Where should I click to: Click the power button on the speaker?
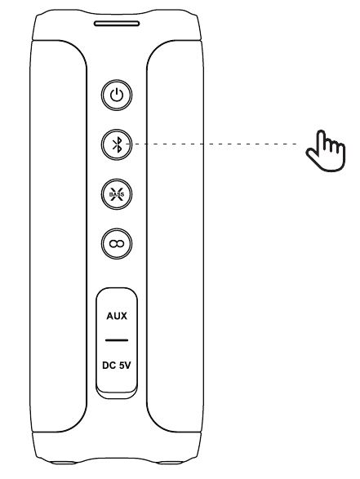[x=117, y=95]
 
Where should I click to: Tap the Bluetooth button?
[x=117, y=144]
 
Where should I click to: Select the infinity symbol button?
[x=117, y=244]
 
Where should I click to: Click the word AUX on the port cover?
[x=117, y=316]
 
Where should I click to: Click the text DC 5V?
[x=117, y=365]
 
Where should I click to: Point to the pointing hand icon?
[x=326, y=150]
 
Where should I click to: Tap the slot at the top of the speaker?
[x=117, y=24]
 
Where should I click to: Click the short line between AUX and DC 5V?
[x=117, y=340]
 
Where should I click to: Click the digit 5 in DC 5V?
[x=119, y=365]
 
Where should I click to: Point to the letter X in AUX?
[x=124, y=316]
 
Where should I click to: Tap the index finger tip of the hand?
[x=322, y=132]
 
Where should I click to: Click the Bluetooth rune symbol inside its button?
[x=117, y=144]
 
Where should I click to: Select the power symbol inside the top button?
[x=117, y=95]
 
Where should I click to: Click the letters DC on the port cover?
[x=109, y=365]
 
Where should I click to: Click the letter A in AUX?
[x=109, y=316]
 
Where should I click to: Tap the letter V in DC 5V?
[x=127, y=365]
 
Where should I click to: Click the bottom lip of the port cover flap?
[x=117, y=394]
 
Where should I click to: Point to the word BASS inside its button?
[x=117, y=194]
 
